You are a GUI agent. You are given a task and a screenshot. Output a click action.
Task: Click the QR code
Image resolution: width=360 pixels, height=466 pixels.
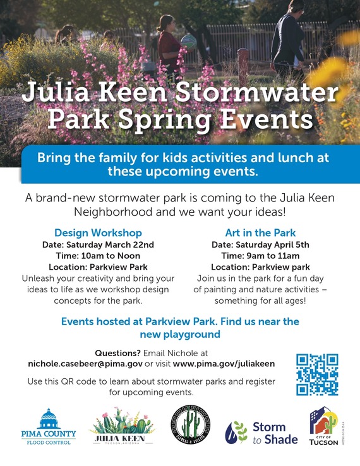(x=317, y=374)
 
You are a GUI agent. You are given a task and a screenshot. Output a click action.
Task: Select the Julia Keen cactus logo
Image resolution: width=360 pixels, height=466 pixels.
(x=122, y=427)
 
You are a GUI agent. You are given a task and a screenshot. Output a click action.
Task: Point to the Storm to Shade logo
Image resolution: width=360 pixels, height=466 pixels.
(x=256, y=433)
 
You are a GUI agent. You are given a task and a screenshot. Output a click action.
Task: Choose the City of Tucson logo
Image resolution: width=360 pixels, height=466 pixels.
(x=323, y=426)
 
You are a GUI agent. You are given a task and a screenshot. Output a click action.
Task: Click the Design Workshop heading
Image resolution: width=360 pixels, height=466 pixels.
(x=98, y=232)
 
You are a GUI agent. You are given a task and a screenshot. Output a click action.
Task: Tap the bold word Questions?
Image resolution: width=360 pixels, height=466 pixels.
(x=117, y=352)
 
